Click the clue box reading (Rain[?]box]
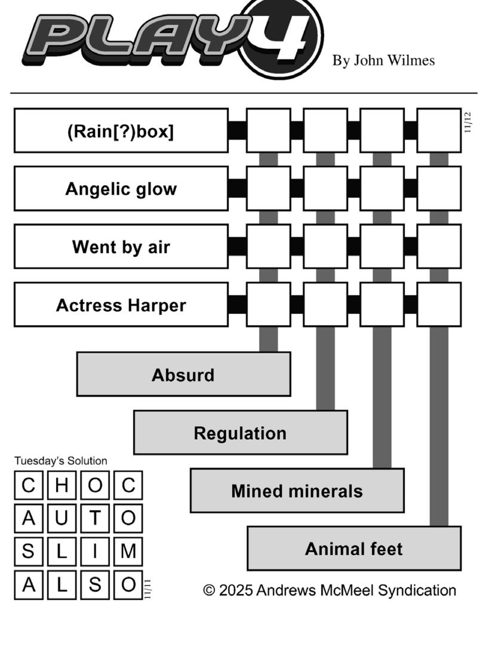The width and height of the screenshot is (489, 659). click(121, 131)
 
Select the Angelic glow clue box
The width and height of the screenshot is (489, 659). click(121, 189)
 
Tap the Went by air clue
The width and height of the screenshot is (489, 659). click(121, 247)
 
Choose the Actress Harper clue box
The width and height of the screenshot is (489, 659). click(121, 305)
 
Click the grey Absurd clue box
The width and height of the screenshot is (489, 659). click(183, 374)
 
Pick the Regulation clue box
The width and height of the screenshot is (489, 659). click(240, 433)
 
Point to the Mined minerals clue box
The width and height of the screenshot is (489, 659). click(297, 491)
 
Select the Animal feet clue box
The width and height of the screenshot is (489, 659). click(354, 549)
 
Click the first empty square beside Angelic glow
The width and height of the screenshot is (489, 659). click(268, 189)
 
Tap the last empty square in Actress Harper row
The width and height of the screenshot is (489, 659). click(439, 305)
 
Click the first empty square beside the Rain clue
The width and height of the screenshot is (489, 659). click(268, 131)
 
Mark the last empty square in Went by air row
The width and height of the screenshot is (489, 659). click(439, 247)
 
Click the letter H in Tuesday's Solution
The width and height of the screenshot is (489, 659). click(61, 485)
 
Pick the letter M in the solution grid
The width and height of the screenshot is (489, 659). click(128, 552)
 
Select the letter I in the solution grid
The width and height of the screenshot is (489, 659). click(95, 552)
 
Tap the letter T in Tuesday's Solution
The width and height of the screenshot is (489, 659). click(95, 518)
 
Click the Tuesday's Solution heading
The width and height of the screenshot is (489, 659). click(61, 461)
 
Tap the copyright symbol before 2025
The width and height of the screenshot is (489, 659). click(209, 590)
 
